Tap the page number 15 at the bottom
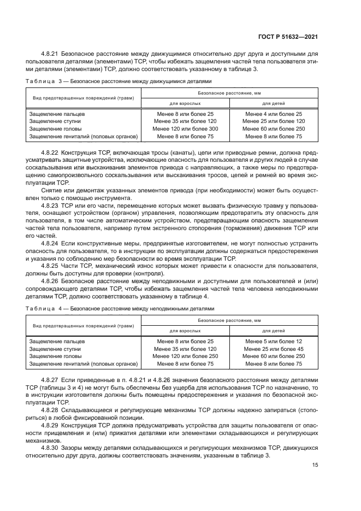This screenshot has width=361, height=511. pyautogui.click(x=315, y=465)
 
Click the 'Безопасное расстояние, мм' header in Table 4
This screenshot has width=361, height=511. pyautogui.click(x=229, y=320)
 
